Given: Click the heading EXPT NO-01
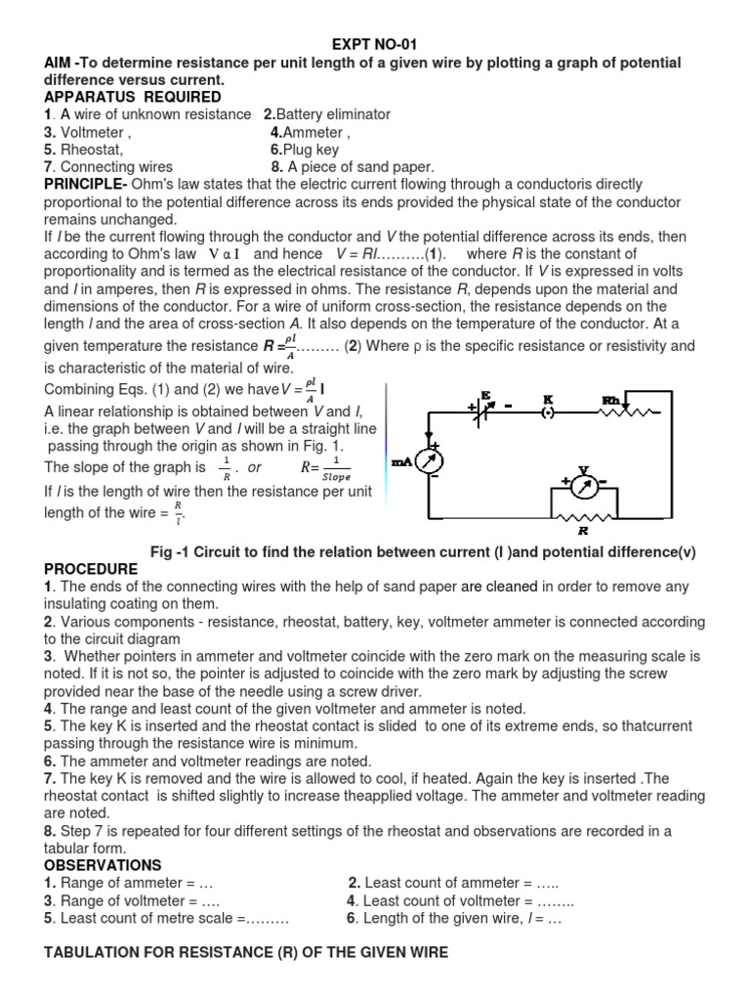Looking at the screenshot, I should click(375, 45).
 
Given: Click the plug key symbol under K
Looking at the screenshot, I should click(548, 412).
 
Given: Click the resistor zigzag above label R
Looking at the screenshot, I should click(583, 517).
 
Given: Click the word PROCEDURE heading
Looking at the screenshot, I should click(91, 569).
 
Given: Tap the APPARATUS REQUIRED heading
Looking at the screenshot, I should click(133, 97).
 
